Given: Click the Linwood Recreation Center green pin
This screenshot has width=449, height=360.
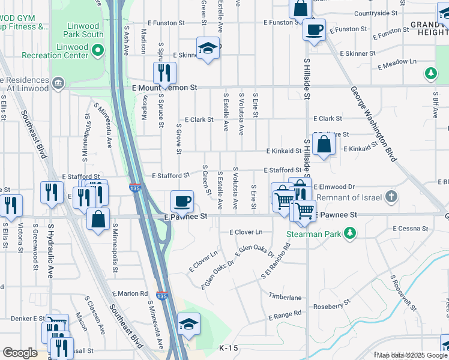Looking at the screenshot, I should [x=98, y=55].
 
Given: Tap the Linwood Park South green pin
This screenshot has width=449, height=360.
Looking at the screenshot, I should [x=98, y=34].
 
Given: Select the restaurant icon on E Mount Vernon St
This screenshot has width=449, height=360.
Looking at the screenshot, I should [x=164, y=73].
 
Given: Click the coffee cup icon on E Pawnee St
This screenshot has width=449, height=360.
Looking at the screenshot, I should [x=182, y=201].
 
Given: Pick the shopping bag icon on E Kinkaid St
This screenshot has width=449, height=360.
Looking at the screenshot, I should [x=324, y=144].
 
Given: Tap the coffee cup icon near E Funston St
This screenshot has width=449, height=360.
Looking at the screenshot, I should [x=313, y=29].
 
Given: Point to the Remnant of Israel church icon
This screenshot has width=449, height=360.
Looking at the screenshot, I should [x=391, y=197].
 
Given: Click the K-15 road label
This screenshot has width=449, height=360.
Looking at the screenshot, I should [x=229, y=348].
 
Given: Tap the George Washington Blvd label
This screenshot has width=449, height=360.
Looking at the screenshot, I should [x=374, y=122].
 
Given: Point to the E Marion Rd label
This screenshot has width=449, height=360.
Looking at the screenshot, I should [x=129, y=293].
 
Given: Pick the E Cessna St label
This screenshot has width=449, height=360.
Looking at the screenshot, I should [x=413, y=229].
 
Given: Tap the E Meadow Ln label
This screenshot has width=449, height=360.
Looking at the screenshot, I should [x=396, y=61].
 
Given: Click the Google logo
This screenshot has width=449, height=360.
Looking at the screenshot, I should [x=19, y=353].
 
